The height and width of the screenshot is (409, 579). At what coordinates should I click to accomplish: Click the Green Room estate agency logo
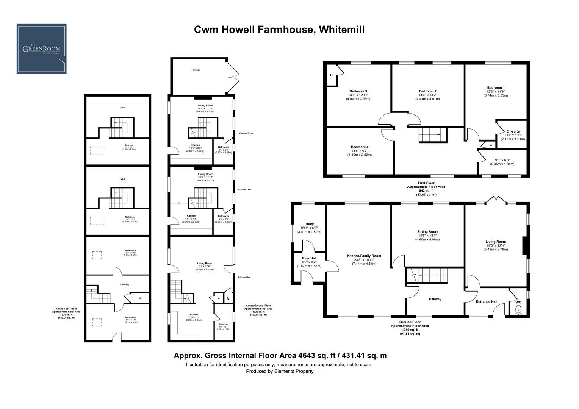(x=41, y=49)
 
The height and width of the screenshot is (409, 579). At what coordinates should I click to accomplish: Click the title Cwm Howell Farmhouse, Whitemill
(x=279, y=30)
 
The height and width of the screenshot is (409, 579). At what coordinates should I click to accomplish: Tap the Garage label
(x=196, y=70)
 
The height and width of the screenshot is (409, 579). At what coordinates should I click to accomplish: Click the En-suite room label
(x=512, y=131)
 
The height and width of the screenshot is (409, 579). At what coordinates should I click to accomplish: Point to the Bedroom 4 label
(x=359, y=147)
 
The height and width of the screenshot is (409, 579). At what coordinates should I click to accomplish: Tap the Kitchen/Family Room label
(x=364, y=256)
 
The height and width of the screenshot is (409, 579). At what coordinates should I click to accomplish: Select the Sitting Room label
(x=427, y=232)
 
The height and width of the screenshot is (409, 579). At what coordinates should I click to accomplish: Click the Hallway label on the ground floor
(x=435, y=299)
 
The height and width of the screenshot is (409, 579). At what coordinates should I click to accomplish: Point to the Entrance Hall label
(x=486, y=302)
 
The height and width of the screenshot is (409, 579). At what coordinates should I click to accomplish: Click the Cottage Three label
(x=246, y=133)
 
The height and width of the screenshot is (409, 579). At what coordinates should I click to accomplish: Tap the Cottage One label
(x=245, y=277)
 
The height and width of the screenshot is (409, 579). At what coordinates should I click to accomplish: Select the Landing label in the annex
(x=124, y=284)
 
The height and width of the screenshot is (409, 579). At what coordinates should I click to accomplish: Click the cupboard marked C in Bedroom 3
(x=331, y=75)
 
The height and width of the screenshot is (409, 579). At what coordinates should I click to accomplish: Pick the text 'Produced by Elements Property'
(x=280, y=371)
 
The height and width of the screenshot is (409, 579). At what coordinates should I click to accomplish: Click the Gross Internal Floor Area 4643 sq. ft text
(x=280, y=356)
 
